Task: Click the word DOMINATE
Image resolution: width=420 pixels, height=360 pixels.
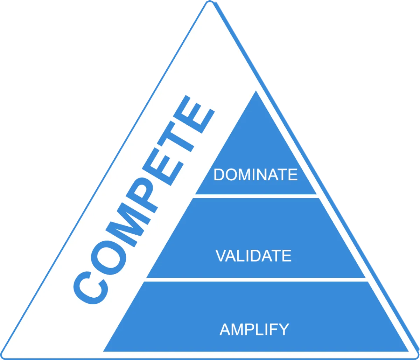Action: coord(255,175)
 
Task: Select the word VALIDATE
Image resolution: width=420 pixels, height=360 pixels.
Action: coord(253,256)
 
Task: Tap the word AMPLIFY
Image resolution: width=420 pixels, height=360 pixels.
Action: coord(254,330)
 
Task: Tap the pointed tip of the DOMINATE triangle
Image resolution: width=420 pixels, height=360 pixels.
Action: coord(256,92)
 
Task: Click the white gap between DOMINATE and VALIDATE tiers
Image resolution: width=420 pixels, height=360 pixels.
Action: coord(255,196)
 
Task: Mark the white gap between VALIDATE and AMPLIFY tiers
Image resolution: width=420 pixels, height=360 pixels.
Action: coord(255,279)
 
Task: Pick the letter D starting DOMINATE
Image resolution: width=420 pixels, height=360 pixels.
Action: coord(219,175)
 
